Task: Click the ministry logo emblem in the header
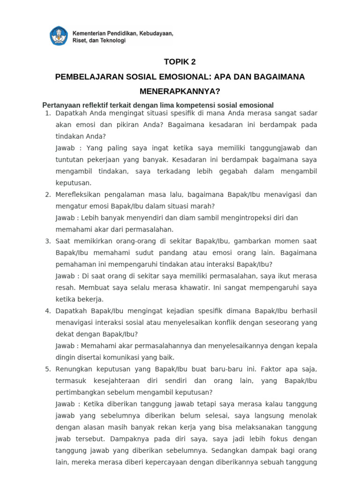click(x=58, y=36)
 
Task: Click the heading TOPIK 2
click(x=180, y=62)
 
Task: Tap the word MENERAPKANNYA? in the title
click(x=180, y=91)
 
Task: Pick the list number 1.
click(x=47, y=114)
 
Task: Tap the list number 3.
click(x=47, y=241)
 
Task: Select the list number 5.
click(x=47, y=369)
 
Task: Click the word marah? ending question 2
click(x=203, y=206)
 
